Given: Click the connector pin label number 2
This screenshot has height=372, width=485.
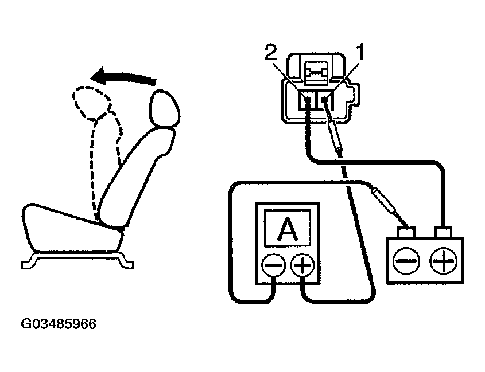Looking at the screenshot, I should point(271,54).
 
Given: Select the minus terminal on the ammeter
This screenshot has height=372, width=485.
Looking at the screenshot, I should point(273,265).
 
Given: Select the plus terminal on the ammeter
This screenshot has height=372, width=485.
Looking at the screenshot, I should point(302,265).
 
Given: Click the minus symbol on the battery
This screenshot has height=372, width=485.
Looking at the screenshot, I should point(406,261).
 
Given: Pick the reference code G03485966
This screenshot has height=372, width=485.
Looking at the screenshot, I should point(59,324).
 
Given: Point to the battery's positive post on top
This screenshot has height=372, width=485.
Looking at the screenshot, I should point(444,233).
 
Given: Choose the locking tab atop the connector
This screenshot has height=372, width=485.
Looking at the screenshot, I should point(317,72).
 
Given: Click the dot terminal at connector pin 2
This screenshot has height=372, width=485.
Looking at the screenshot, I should point(307,100).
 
